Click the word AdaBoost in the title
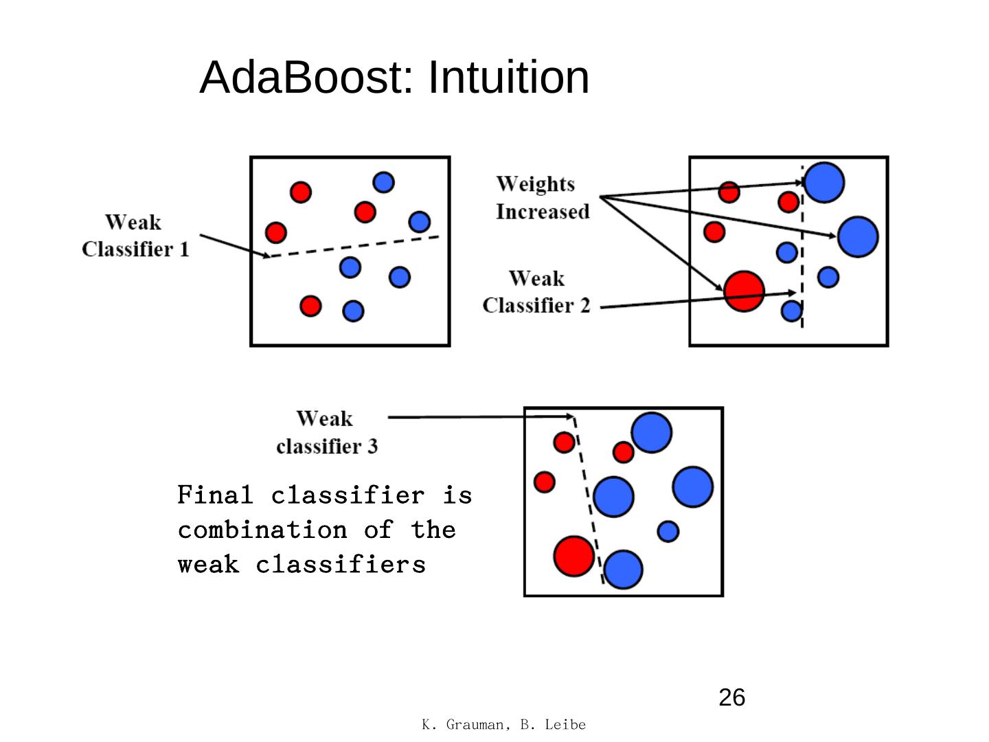point(306,78)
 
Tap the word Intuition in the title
point(508,78)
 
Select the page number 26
point(731,697)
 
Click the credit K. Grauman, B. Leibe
point(503,724)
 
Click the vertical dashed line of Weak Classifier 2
point(802,247)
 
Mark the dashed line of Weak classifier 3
point(589,500)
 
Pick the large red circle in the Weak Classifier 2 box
point(744,291)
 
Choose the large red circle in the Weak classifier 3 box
point(573,556)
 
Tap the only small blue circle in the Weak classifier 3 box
point(668,532)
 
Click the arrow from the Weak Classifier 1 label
point(235,245)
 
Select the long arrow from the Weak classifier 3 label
point(481,417)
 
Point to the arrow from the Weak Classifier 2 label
point(698,300)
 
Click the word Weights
point(535,184)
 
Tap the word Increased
point(543,212)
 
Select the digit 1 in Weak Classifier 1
point(184,249)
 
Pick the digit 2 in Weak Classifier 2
point(584,306)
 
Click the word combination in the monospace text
point(262,530)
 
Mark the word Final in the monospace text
point(215,495)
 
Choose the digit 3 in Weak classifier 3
point(372,446)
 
